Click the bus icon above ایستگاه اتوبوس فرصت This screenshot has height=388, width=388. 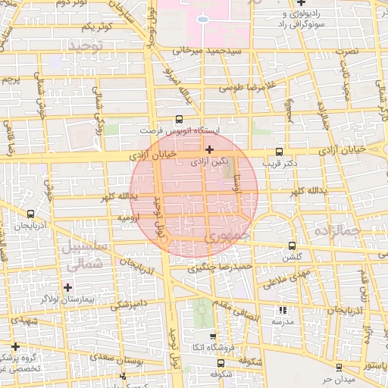[179, 119]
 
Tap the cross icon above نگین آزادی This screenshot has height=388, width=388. [209, 150]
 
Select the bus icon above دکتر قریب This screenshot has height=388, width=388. [280, 152]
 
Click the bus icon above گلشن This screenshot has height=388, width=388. [293, 247]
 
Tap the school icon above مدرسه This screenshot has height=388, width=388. [283, 311]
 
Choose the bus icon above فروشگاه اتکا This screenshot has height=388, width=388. [212, 338]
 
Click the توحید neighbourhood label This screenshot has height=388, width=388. [84, 47]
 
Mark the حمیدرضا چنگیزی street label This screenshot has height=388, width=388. [220, 267]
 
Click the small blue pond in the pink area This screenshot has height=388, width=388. [202, 19]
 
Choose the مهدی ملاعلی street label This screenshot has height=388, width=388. [283, 277]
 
